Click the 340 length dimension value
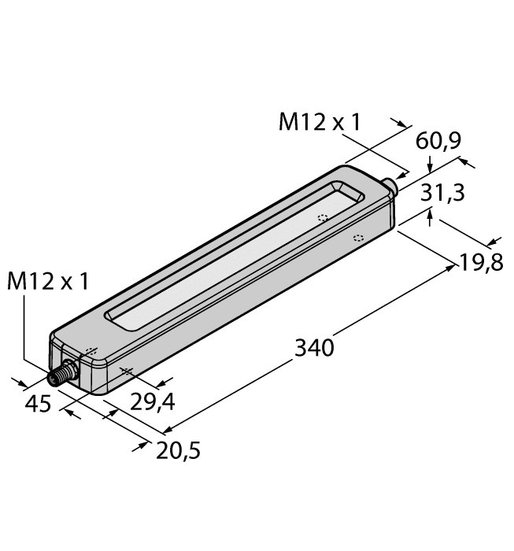[314, 346]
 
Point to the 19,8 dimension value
[482, 262]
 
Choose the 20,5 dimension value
[179, 449]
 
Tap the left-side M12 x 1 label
[46, 281]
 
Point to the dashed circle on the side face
[358, 238]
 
